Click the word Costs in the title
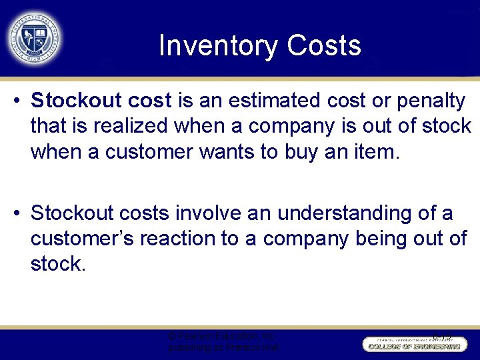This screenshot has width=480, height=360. (324, 46)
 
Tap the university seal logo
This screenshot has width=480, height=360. (33, 37)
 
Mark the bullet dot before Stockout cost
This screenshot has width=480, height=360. (18, 101)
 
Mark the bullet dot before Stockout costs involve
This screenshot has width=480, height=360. (18, 214)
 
